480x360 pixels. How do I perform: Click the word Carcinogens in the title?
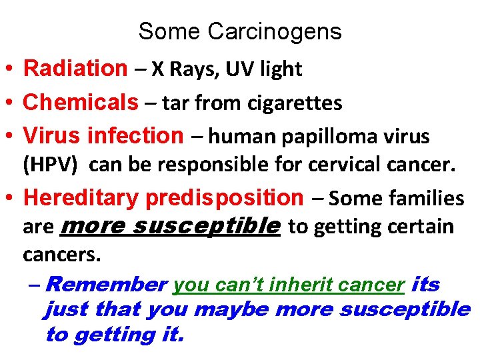click(275, 31)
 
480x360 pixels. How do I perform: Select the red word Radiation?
click(75, 68)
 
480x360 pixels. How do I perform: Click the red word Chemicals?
click(80, 102)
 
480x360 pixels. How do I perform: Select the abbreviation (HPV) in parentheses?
click(49, 165)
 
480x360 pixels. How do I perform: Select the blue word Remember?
click(107, 285)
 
